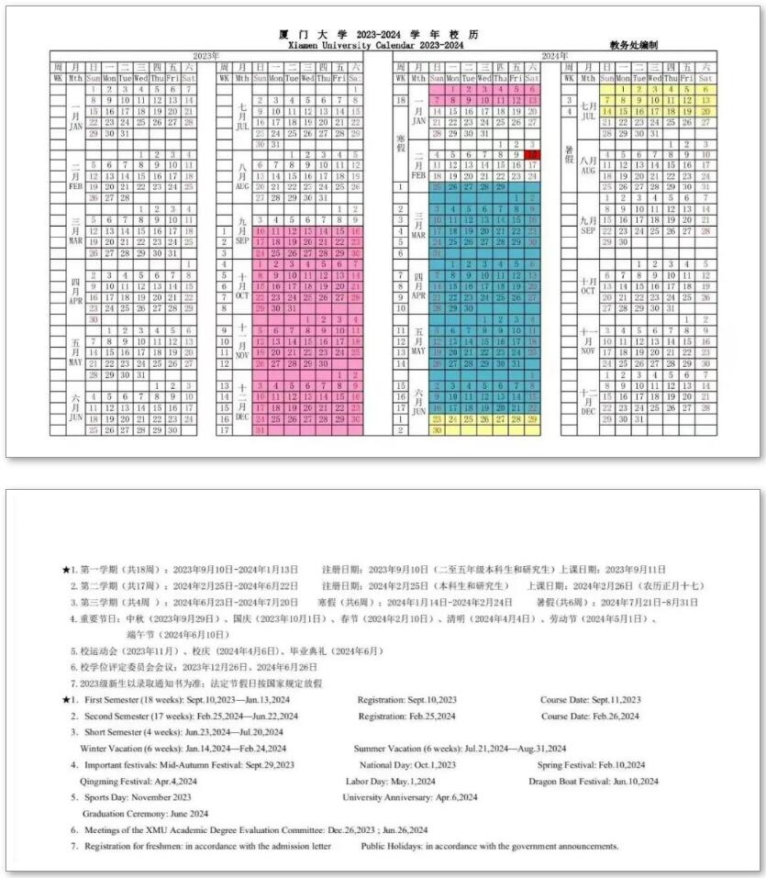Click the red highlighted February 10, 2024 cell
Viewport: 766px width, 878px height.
coord(531,155)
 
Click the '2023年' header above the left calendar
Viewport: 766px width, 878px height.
coord(205,56)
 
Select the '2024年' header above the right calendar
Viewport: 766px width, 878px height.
coord(554,56)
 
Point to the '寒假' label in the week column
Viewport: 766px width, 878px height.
coord(401,143)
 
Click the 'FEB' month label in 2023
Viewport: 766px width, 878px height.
coord(76,185)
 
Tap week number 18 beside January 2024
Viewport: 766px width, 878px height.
coord(401,100)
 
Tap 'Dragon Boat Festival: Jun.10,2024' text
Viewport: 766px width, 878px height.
coord(593,782)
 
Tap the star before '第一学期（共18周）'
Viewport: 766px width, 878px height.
coord(65,570)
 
